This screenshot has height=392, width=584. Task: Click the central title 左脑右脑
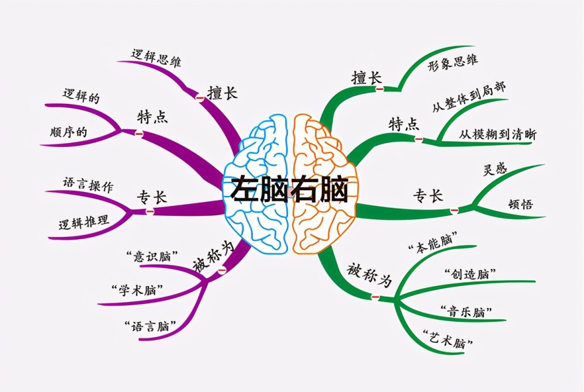click(x=290, y=190)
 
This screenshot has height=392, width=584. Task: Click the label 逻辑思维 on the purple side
click(x=156, y=58)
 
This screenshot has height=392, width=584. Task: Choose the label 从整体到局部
click(x=469, y=97)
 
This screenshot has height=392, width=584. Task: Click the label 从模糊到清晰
click(x=498, y=134)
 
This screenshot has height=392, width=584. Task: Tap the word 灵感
click(x=495, y=169)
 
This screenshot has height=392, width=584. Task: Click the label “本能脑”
click(x=433, y=243)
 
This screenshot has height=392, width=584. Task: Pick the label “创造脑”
click(x=470, y=274)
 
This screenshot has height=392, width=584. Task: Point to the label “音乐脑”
click(x=466, y=311)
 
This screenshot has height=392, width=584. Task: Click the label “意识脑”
click(x=152, y=256)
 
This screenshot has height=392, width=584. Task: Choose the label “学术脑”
click(x=137, y=290)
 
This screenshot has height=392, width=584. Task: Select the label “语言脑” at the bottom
click(x=151, y=326)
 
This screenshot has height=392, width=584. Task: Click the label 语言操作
click(x=88, y=184)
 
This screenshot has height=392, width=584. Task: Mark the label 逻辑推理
click(x=84, y=222)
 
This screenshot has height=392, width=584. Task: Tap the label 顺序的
click(x=68, y=132)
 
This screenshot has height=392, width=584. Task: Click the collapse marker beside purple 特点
click(x=138, y=133)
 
